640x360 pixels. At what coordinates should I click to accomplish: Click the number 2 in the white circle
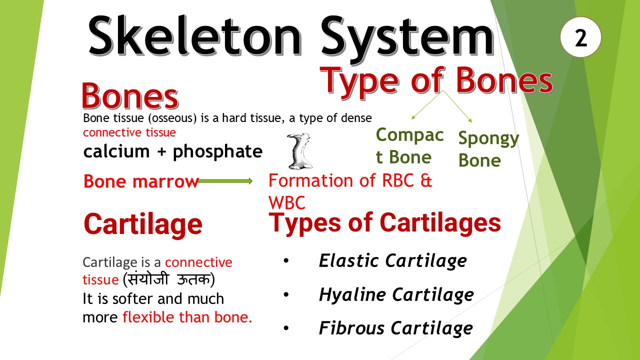[580, 38]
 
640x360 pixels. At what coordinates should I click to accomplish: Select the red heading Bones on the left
[130, 96]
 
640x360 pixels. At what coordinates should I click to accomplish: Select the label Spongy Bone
[488, 149]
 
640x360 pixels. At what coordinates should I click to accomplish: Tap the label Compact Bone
[409, 146]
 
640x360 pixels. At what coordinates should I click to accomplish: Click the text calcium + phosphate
[173, 151]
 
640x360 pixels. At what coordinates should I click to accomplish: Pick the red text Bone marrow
[141, 181]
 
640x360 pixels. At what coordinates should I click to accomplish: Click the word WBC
[286, 202]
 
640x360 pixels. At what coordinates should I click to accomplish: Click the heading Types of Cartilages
[385, 222]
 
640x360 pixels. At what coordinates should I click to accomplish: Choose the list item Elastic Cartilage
[392, 260]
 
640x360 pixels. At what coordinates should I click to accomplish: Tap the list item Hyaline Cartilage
[396, 294]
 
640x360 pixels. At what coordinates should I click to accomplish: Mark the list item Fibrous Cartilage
[395, 328]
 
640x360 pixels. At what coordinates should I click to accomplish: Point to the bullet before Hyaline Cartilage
[286, 294]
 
